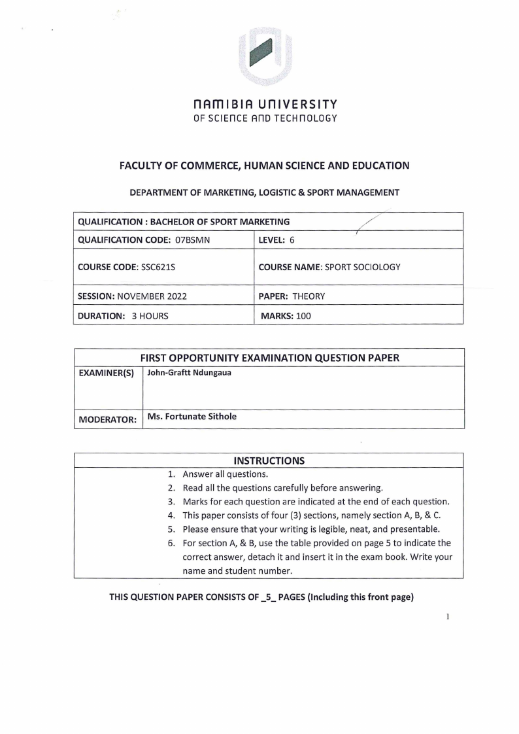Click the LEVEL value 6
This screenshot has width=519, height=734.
tap(292, 239)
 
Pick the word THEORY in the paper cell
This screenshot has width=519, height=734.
tap(309, 296)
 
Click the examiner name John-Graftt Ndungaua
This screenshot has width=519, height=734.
tap(189, 373)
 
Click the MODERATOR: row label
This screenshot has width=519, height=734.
tap(107, 419)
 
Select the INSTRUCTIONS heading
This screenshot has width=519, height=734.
tap(269, 460)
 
